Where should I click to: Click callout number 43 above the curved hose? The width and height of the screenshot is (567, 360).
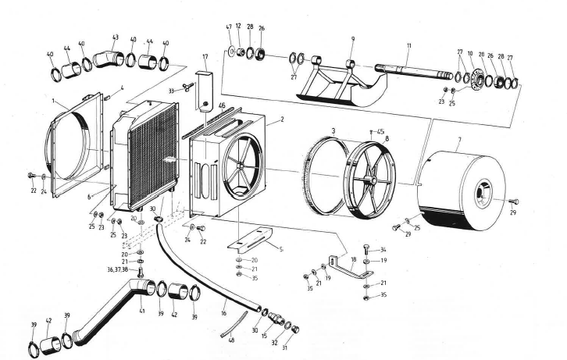click(x=116, y=37)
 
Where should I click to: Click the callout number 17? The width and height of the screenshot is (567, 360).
click(x=205, y=56)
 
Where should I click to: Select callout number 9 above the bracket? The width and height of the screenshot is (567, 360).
click(x=352, y=39)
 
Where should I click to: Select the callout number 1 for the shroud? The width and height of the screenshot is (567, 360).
click(x=53, y=102)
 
